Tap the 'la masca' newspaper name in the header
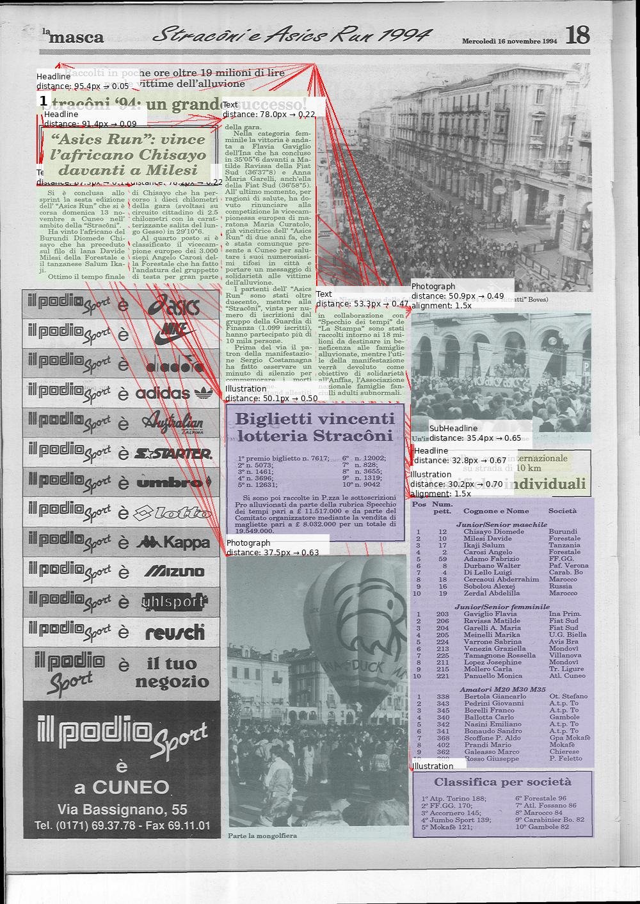74,36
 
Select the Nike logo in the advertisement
174,331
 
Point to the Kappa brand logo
173,543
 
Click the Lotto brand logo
172,512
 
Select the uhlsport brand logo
174,602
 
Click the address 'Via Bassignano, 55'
122,809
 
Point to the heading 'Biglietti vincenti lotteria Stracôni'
315,427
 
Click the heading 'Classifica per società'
502,782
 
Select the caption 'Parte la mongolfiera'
262,836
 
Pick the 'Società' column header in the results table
562,511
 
